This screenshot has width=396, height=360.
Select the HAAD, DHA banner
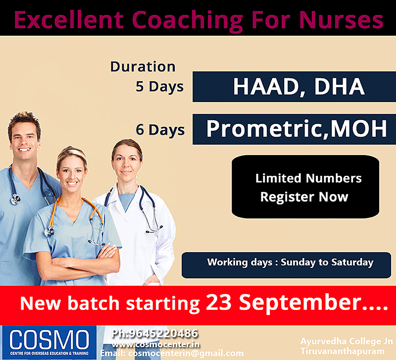coord(294,87)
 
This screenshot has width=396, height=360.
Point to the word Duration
coord(143,67)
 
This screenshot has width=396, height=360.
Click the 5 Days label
coord(159,87)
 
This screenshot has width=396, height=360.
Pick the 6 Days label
coord(160,130)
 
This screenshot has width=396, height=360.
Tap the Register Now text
coord(304,197)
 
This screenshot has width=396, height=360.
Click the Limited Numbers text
coord(308,178)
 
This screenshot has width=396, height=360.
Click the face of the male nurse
coord(24,135)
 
